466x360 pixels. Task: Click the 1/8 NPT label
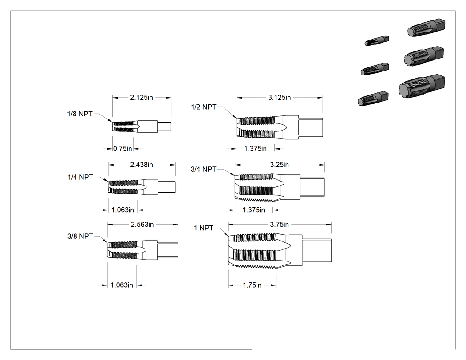(x=80, y=114)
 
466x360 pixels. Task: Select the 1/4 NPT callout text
(x=80, y=177)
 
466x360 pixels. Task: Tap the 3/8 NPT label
(x=80, y=236)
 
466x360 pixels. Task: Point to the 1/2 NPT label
(x=204, y=107)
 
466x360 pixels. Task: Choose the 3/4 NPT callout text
(x=204, y=170)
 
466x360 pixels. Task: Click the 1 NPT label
(x=204, y=228)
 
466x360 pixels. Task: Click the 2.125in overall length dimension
(x=142, y=98)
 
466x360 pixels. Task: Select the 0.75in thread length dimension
(x=122, y=149)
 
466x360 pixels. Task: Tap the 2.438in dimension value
(x=142, y=165)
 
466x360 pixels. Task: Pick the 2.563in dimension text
(x=142, y=225)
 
